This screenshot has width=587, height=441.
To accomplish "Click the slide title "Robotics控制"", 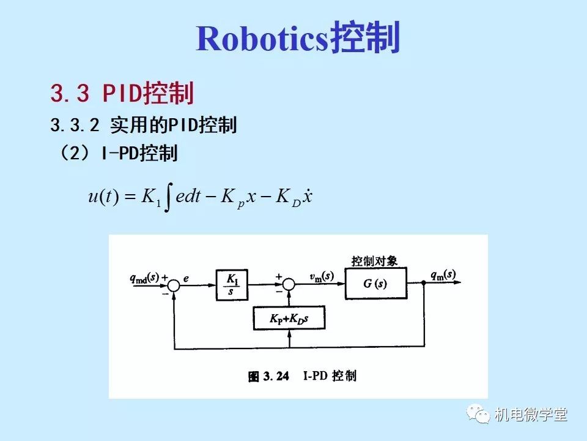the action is coord(298,39).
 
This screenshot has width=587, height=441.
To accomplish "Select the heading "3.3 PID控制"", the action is coord(122,94).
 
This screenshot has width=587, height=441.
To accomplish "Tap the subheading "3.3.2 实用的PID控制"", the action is coord(143,126).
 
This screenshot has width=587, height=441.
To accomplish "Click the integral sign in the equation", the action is coord(168,198).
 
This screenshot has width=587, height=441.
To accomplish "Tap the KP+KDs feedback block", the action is coord(289,319).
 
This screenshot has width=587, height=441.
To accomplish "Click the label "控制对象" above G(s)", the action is coord(374,261).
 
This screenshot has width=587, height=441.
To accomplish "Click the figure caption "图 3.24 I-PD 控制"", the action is coord(302,376).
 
